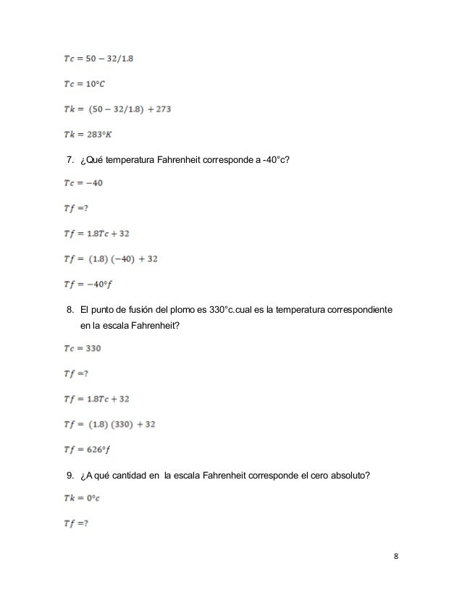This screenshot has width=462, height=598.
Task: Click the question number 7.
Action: [70, 159]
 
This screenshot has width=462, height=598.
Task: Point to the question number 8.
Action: [70, 311]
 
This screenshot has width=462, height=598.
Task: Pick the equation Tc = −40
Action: [81, 183]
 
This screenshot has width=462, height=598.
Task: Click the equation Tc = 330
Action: [80, 348]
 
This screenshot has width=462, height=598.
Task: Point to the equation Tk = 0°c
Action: [80, 500]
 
